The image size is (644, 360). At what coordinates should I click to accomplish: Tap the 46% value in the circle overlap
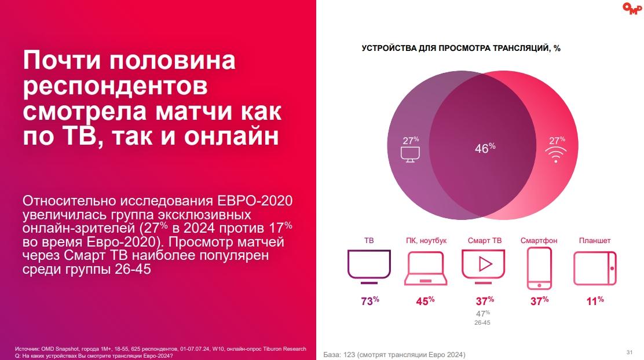(x=485, y=148)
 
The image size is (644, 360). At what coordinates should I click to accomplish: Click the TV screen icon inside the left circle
(x=411, y=154)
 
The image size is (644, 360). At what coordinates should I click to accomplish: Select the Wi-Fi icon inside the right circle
(x=556, y=154)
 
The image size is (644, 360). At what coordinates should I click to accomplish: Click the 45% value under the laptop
(x=425, y=301)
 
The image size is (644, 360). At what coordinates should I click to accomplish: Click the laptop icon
(x=425, y=269)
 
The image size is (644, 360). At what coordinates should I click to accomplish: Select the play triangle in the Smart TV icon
(x=485, y=265)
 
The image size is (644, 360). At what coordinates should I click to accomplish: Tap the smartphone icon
(x=539, y=269)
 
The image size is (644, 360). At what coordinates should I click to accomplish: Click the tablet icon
(x=595, y=268)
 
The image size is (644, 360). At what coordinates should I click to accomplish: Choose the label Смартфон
(x=539, y=241)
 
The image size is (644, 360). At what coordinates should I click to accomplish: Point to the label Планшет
(x=595, y=241)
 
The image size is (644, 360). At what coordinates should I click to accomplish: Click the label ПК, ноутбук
(x=426, y=241)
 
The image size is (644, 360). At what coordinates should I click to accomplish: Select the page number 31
(x=629, y=352)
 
